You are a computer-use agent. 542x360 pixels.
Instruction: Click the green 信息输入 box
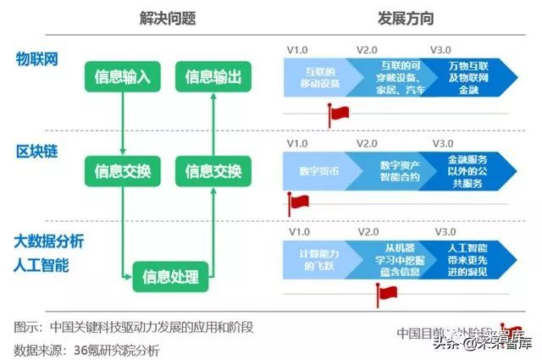122,78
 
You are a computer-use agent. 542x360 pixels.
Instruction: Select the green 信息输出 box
213,78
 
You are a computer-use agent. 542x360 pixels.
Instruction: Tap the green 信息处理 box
169,275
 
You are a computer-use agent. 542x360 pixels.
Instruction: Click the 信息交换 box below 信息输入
122,171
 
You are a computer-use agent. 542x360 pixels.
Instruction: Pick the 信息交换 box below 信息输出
213,171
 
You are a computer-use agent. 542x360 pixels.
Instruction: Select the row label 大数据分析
49,241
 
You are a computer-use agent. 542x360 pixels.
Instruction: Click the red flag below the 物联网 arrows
339,114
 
